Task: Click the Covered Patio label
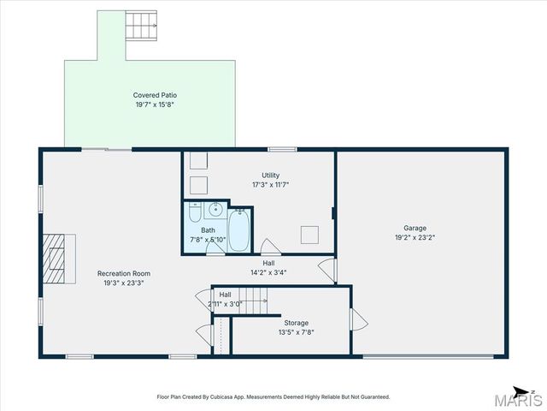click(x=155, y=95)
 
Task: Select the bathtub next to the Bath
click(x=240, y=229)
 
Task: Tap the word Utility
click(x=270, y=176)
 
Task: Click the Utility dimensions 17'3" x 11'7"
click(x=270, y=185)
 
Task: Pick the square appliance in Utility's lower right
click(x=310, y=235)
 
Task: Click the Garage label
click(x=415, y=228)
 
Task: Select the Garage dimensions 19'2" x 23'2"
click(x=415, y=237)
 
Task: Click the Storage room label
click(x=297, y=323)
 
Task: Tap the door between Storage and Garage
click(x=357, y=321)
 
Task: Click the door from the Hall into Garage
click(x=327, y=270)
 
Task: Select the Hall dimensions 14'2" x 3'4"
click(x=268, y=273)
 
